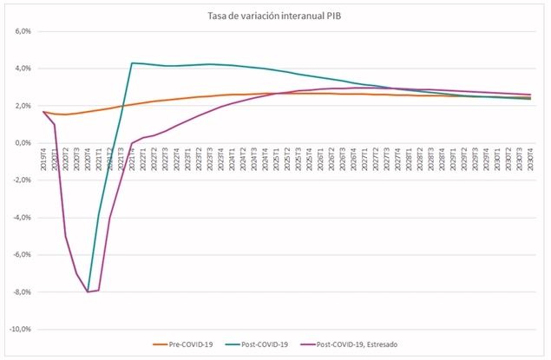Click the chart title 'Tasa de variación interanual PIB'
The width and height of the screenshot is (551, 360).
click(x=275, y=15)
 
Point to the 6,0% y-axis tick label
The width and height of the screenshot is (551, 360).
click(x=19, y=31)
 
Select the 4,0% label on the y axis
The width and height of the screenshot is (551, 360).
click(x=19, y=69)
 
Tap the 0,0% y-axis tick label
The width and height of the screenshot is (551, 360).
click(x=19, y=143)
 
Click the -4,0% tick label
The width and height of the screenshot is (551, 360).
click(x=18, y=218)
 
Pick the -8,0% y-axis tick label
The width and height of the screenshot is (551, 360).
click(x=18, y=292)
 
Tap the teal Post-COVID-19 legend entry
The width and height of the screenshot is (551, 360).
click(x=264, y=345)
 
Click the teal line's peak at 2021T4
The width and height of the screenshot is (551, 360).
click(x=132, y=62)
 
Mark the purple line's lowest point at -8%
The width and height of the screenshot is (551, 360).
click(x=89, y=291)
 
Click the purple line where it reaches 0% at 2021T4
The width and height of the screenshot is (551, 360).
click(x=132, y=143)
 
